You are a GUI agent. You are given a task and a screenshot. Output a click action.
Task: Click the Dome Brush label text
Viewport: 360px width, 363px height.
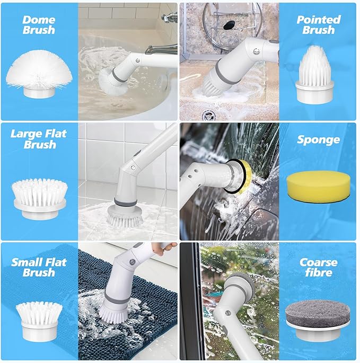tap(39, 25)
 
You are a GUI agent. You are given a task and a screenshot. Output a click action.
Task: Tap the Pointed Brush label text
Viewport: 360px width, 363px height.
tap(319, 25)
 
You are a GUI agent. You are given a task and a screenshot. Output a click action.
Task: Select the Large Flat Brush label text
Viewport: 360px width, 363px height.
tap(39, 139)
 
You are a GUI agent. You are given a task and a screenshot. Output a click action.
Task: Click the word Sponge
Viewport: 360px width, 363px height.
tap(318, 140)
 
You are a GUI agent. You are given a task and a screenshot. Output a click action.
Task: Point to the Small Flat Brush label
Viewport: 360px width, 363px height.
tap(39, 267)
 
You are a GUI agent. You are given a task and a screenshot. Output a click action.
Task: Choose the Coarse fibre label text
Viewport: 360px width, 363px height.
tap(318, 267)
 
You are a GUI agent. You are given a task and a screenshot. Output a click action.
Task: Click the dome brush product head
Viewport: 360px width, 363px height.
tap(39, 73)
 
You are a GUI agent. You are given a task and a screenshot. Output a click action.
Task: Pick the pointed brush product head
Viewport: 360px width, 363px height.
tap(314, 74)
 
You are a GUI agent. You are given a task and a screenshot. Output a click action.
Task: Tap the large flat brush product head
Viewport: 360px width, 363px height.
tap(40, 199)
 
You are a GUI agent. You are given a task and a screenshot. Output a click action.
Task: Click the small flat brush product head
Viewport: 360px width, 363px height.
tap(39, 321)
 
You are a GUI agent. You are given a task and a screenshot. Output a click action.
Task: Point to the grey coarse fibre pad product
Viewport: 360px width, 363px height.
tap(318, 321)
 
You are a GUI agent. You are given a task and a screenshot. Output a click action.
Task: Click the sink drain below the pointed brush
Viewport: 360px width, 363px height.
tap(208, 115)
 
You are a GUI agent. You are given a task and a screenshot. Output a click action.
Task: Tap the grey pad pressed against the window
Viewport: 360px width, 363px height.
tap(242, 284)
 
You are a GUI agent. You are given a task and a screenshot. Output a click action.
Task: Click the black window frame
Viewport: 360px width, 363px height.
tap(192, 301)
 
